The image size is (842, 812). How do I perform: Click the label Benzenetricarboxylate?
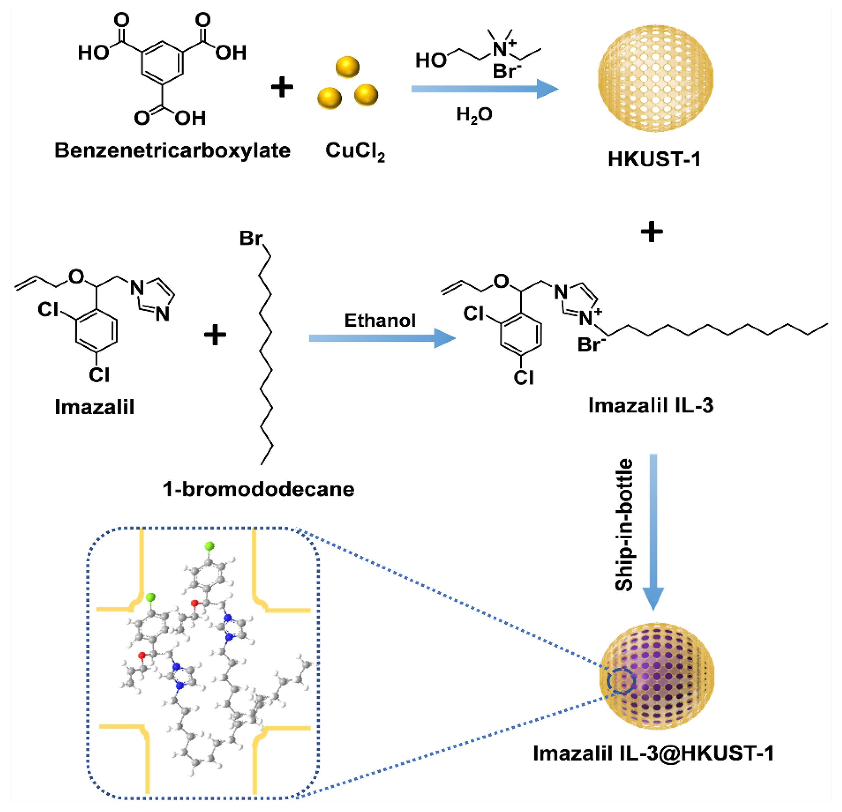172,151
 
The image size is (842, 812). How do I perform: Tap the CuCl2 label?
355,151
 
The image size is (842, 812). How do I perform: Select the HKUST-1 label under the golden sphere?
654,159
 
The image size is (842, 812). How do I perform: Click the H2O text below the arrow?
474,115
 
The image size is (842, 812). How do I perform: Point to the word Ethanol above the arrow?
380,320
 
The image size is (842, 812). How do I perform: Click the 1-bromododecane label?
259,489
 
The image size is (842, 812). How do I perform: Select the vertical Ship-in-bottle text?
624,525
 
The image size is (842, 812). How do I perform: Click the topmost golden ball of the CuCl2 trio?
347,67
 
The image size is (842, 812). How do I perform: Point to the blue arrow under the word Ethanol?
381,338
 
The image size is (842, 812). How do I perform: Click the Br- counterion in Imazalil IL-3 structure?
591,345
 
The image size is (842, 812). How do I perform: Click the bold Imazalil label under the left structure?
95,407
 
